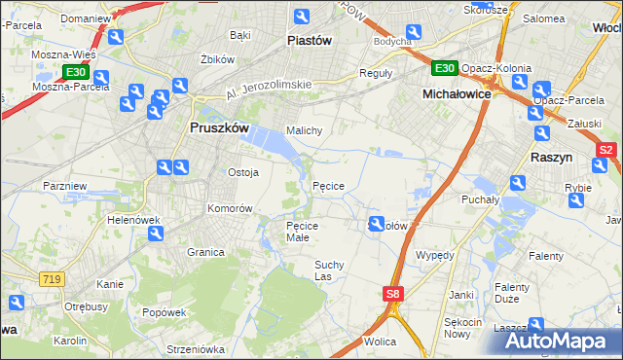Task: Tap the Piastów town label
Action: [311, 41]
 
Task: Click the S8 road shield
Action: [391, 293]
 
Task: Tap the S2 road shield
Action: [605, 150]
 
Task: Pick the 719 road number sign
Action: [53, 279]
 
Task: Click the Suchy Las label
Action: [329, 270]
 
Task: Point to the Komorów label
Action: [230, 209]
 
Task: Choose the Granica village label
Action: [206, 252]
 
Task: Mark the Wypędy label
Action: [434, 255]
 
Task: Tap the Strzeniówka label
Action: [196, 348]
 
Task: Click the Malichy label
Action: [304, 129]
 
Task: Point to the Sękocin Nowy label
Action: [463, 327]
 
